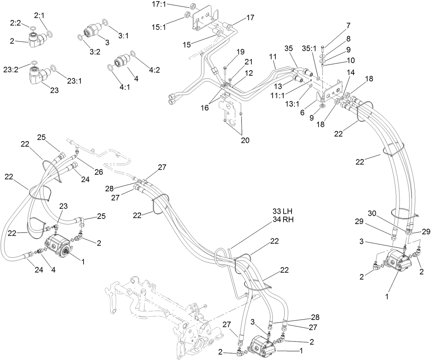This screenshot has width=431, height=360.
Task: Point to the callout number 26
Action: pyautogui.click(x=98, y=172)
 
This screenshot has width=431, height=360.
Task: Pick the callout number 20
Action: pyautogui.click(x=245, y=140)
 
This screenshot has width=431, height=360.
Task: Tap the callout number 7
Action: pyautogui.click(x=348, y=25)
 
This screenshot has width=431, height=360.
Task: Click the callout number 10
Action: pyautogui.click(x=350, y=60)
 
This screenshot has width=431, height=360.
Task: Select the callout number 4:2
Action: pyautogui.click(x=154, y=70)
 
